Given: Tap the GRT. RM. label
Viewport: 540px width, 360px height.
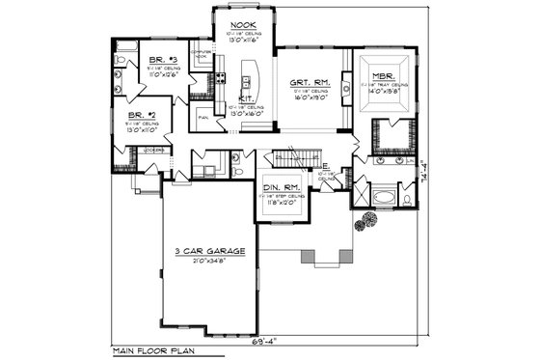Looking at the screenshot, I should coord(308,82).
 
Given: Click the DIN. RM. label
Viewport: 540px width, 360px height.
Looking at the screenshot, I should coord(282,185).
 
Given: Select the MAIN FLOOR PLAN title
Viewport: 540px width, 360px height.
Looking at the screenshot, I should coord(151,349).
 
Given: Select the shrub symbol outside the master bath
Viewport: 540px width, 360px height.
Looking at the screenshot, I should coord(364,225).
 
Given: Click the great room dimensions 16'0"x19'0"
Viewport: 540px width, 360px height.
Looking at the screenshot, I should coord(308,97).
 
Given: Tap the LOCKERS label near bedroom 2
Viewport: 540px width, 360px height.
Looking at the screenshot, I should coord(151,150).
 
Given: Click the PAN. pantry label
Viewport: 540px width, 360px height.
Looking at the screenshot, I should coord(203,118).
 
